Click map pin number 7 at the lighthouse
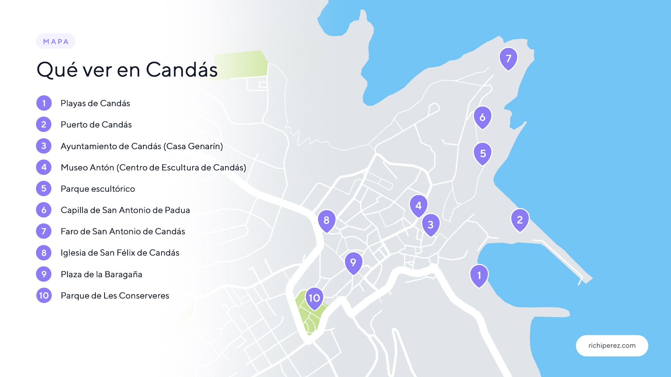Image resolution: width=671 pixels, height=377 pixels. (508, 58)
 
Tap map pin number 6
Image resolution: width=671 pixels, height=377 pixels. (483, 117)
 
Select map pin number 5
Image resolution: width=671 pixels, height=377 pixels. (483, 153)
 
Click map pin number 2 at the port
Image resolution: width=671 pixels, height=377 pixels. (520, 220)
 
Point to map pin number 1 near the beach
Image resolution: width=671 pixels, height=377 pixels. (479, 275)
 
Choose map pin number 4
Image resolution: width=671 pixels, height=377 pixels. (418, 205)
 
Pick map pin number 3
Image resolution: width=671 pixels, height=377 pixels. (431, 224)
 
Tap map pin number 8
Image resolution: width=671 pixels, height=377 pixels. (326, 220)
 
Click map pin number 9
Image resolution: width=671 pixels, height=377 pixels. (353, 262)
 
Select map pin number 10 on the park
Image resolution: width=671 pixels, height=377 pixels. (314, 298)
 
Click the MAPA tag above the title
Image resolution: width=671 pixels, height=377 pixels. (56, 42)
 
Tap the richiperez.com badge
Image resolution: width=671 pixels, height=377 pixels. (612, 346)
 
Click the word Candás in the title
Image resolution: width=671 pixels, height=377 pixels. (182, 69)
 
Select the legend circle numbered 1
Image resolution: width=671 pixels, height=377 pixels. (44, 103)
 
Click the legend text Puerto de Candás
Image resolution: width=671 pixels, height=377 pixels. (96, 125)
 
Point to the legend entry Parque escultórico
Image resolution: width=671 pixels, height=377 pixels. (98, 189)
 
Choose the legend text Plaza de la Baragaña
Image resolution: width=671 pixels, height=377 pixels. (101, 274)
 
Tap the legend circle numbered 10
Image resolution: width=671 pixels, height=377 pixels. (44, 296)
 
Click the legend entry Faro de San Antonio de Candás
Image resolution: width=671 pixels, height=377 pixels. (123, 231)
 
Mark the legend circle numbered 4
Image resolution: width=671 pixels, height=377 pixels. (44, 167)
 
